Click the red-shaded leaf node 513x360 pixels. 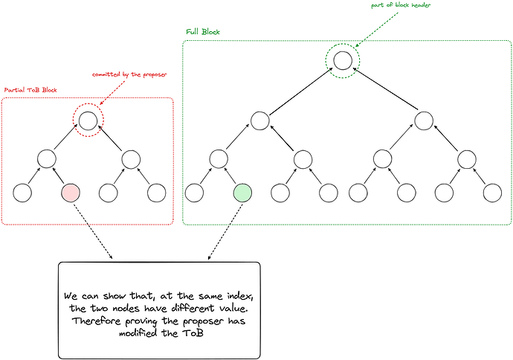point(70,193)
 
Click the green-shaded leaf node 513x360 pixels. point(242,193)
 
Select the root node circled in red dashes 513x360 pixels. point(88,119)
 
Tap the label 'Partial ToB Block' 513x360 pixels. point(30,90)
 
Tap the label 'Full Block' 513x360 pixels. point(203,33)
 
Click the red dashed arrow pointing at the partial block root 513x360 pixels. point(112,92)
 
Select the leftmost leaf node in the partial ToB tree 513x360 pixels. point(22,193)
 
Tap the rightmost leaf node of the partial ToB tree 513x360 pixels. point(156,193)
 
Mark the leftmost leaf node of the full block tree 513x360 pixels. point(194,193)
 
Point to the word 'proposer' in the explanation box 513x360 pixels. point(196,320)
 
